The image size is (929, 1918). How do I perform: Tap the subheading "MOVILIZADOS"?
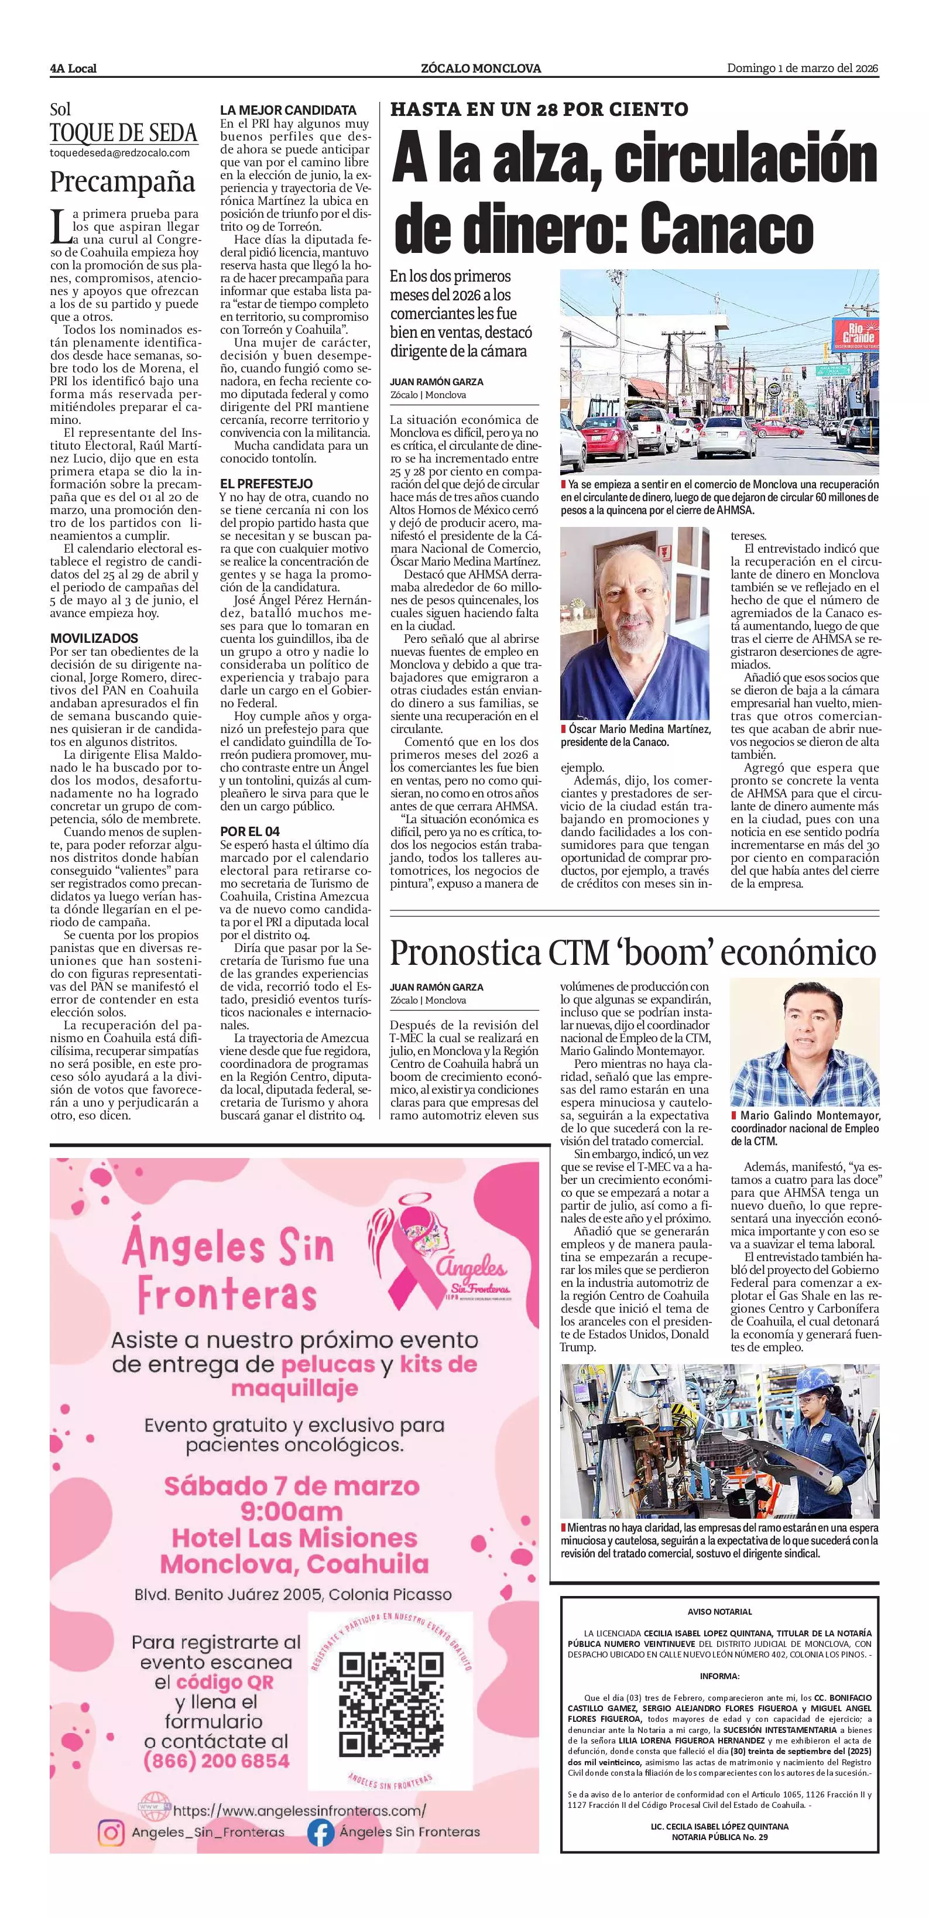(x=94, y=638)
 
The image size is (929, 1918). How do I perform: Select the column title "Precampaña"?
(x=122, y=181)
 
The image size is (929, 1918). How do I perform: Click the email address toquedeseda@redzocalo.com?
(x=119, y=153)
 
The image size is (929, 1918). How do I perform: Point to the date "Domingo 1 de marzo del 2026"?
(x=803, y=68)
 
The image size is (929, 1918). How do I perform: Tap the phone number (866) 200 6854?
(x=216, y=1761)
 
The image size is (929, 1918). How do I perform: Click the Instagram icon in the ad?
(x=111, y=1833)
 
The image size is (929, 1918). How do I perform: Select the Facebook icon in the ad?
(x=321, y=1833)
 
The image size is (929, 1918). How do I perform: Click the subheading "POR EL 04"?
(x=249, y=831)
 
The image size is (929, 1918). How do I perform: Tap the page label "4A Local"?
(x=73, y=68)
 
